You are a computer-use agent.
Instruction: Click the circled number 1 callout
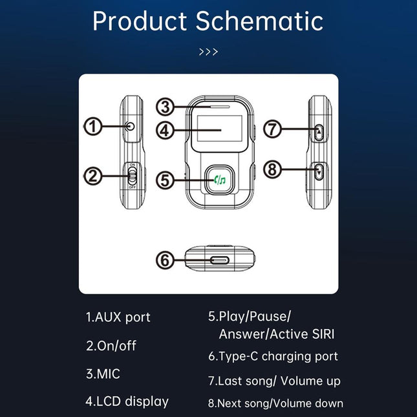pyautogui.click(x=94, y=127)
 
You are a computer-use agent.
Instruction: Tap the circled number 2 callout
pyautogui.click(x=94, y=175)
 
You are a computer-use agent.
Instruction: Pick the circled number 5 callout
pyautogui.click(x=167, y=180)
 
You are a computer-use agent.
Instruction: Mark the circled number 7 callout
pyautogui.click(x=273, y=129)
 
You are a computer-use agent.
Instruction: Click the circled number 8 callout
pyautogui.click(x=273, y=171)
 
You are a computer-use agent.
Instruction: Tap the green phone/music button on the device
pyautogui.click(x=220, y=180)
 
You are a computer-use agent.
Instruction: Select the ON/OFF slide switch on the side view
pyautogui.click(x=132, y=175)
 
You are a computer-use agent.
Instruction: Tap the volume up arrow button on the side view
pyautogui.click(x=319, y=132)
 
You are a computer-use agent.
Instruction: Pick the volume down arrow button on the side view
pyautogui.click(x=319, y=171)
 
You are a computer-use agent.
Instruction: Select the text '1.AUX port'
pyautogui.click(x=118, y=317)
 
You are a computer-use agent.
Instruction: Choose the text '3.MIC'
pyautogui.click(x=103, y=374)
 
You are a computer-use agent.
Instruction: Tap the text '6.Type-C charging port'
pyautogui.click(x=272, y=356)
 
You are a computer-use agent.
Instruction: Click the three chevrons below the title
pyautogui.click(x=208, y=52)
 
